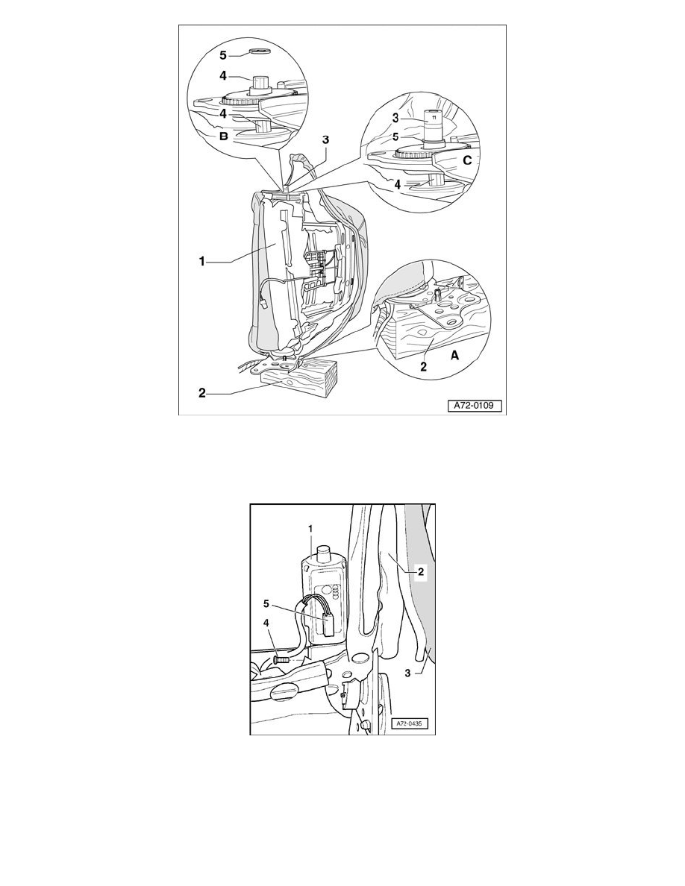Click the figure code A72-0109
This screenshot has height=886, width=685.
coord(475,406)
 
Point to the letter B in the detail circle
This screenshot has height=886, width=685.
coord(224,136)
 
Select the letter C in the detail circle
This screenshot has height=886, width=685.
coord(467,160)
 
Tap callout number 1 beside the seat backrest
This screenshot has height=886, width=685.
coord(201,261)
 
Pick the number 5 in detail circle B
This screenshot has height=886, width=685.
coord(222,54)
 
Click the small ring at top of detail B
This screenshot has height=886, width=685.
coord(260,53)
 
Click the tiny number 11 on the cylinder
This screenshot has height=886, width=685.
coord(434,117)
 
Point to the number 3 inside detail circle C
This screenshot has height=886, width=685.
coord(395,118)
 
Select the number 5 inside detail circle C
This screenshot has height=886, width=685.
coord(395,136)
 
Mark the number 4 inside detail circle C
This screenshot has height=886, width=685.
coord(397,184)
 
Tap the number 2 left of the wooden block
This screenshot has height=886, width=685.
coord(201,392)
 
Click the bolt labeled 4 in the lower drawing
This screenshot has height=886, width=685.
coord(281,659)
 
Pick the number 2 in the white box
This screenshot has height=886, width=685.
coord(421,572)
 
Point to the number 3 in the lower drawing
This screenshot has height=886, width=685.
coord(407,673)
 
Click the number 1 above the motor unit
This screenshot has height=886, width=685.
coord(310,528)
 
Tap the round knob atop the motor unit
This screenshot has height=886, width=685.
coord(324,552)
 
